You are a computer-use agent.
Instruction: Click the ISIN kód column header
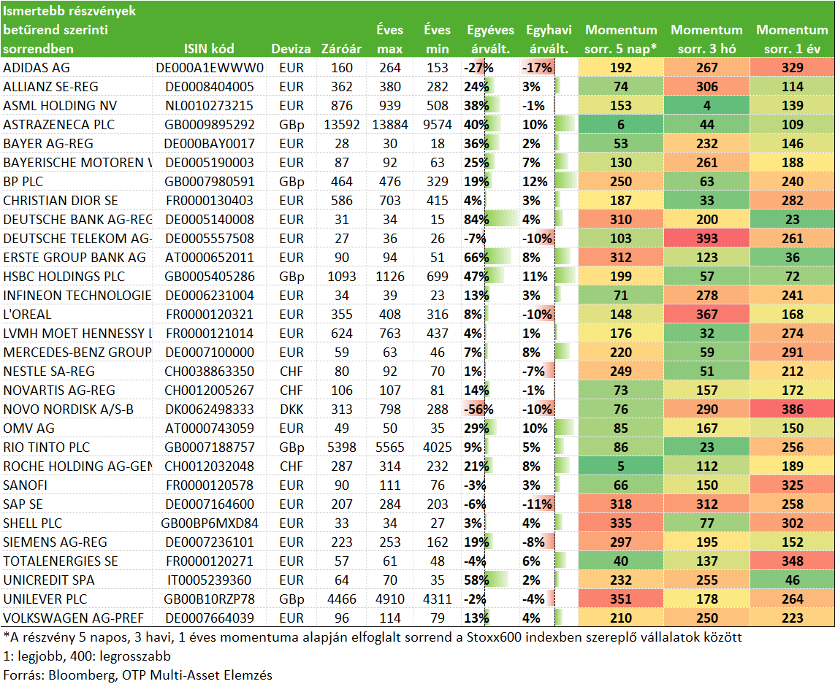209,49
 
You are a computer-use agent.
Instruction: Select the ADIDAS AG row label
37,68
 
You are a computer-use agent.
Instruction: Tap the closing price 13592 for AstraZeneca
341,125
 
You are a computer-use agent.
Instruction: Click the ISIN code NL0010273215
209,105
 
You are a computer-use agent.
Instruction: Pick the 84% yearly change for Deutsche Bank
476,219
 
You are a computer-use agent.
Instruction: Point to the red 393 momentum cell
706,239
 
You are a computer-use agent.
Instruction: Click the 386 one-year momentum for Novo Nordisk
793,410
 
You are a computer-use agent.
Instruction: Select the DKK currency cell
291,410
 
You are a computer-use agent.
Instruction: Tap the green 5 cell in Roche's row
621,466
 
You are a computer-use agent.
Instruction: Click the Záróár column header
341,49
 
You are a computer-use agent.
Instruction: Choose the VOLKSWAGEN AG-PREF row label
74,618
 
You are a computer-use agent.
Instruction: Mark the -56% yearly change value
478,410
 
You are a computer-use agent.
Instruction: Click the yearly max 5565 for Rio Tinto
390,447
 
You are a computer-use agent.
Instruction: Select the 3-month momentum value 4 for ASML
706,105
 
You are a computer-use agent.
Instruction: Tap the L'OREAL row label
27,315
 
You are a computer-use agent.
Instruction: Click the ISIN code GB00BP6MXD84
209,523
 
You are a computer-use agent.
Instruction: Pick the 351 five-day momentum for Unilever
621,599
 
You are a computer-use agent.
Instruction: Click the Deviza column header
291,49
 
